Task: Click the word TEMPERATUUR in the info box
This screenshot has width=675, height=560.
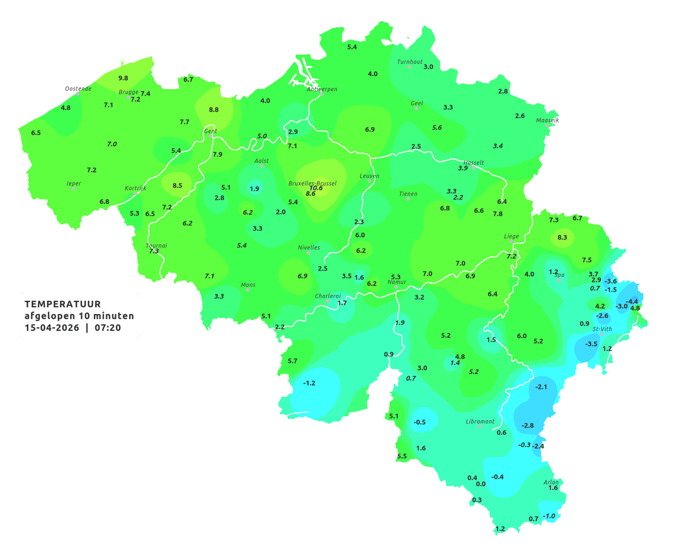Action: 63,304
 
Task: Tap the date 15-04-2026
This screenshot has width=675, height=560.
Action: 52,328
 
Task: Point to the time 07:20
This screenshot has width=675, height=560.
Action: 108,328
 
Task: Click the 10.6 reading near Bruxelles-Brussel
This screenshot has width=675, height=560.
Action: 316,188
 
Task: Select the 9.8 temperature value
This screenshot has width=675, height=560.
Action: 123,78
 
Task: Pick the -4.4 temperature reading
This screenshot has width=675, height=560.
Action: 632,301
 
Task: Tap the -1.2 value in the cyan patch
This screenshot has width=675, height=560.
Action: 309,383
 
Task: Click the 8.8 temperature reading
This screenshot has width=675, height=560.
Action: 214,109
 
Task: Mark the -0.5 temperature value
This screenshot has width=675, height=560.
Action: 419,422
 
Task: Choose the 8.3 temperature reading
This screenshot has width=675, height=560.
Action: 562,237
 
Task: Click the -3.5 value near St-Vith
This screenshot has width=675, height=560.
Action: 591,344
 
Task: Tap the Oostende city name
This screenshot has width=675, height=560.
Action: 78,88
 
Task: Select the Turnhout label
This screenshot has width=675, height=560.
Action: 410,61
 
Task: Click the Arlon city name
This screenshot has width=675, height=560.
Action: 551,482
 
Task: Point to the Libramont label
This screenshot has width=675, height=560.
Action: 480,421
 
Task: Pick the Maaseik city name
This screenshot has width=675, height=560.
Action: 547,120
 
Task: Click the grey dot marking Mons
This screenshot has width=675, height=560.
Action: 248,290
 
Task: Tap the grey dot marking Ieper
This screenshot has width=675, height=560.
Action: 73,189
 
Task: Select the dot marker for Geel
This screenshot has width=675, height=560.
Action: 417,108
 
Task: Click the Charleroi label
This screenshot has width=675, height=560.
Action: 328,296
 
